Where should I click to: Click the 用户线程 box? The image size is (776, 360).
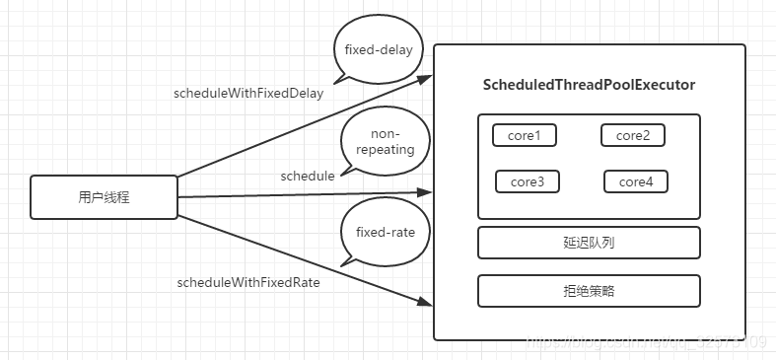click(105, 197)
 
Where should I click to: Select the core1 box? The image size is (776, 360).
click(525, 135)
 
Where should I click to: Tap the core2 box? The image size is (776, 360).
click(632, 135)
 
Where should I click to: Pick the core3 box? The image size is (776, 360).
click(528, 181)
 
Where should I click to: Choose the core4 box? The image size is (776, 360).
click(635, 181)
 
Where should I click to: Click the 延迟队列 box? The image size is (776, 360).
click(589, 242)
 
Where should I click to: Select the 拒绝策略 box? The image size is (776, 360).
click(589, 291)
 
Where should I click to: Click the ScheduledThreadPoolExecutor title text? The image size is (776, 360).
click(590, 86)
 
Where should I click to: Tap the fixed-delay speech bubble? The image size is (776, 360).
click(378, 49)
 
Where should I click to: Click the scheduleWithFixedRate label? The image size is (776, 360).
click(248, 282)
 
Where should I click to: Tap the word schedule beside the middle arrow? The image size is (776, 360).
click(308, 176)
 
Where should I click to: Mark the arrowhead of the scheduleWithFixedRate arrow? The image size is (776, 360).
click(426, 303)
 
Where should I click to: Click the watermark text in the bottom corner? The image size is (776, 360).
click(646, 342)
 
